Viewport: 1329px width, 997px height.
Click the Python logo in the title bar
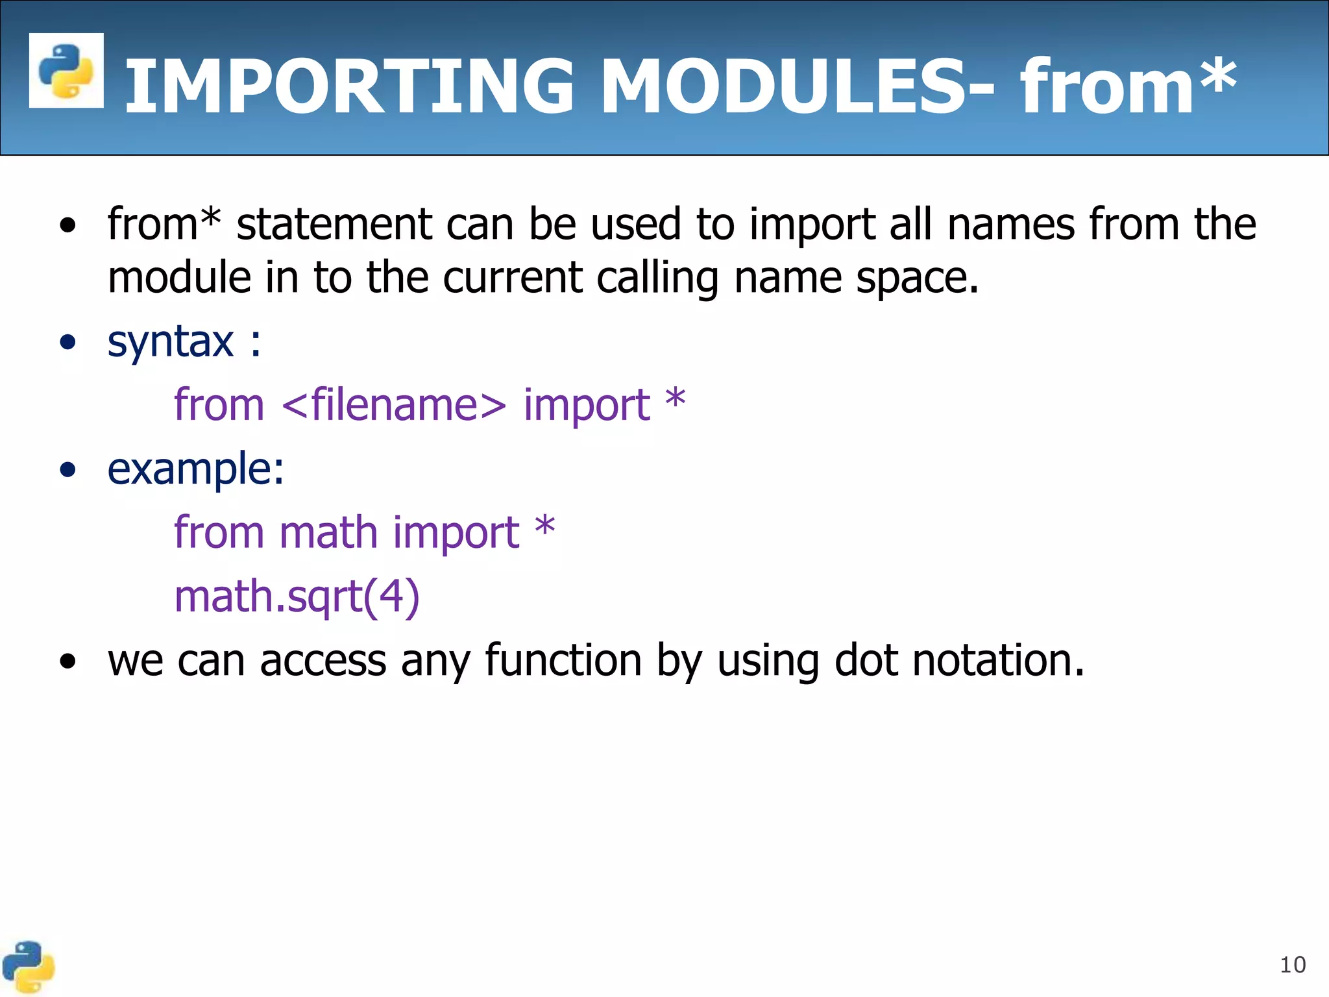point(66,70)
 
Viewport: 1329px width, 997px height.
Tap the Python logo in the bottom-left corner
point(28,967)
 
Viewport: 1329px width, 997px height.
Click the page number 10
point(1292,965)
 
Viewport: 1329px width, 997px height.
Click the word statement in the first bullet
point(334,225)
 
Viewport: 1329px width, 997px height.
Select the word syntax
point(170,342)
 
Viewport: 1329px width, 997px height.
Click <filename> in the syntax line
point(394,405)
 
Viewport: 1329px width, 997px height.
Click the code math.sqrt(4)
point(297,597)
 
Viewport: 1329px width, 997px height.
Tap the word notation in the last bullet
point(998,661)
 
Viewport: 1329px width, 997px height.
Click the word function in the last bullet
point(563,661)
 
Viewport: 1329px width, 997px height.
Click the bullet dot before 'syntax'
point(67,342)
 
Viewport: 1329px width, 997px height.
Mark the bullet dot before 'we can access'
point(67,662)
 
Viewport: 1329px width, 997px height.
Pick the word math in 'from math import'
point(328,533)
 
